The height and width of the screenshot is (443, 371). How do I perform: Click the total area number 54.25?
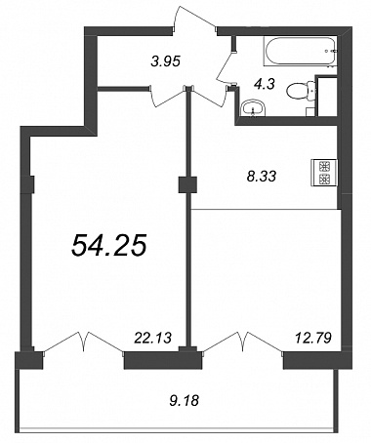click(109, 245)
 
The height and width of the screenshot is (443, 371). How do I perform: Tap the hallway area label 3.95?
click(166, 60)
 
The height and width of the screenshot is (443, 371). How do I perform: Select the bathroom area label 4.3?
click(265, 84)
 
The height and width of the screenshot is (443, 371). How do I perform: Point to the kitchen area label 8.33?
click(262, 177)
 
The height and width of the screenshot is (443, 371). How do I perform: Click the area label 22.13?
click(153, 338)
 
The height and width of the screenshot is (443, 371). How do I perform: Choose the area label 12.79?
click(313, 338)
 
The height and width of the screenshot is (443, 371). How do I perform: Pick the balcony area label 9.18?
click(184, 400)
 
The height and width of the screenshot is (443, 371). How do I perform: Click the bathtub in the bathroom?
click(301, 52)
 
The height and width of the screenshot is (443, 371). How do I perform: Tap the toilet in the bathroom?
click(302, 91)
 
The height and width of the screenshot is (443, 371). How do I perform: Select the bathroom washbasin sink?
click(253, 108)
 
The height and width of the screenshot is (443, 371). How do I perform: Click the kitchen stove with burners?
click(324, 173)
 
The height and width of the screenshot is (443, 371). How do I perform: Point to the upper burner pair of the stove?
click(324, 166)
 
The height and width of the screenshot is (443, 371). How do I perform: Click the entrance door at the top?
click(194, 19)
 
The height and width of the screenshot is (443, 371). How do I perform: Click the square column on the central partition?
click(187, 185)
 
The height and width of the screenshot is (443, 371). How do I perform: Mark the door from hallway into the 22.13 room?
click(168, 97)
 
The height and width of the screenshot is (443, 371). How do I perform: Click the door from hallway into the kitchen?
click(208, 97)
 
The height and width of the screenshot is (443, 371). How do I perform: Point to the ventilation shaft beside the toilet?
click(327, 96)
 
